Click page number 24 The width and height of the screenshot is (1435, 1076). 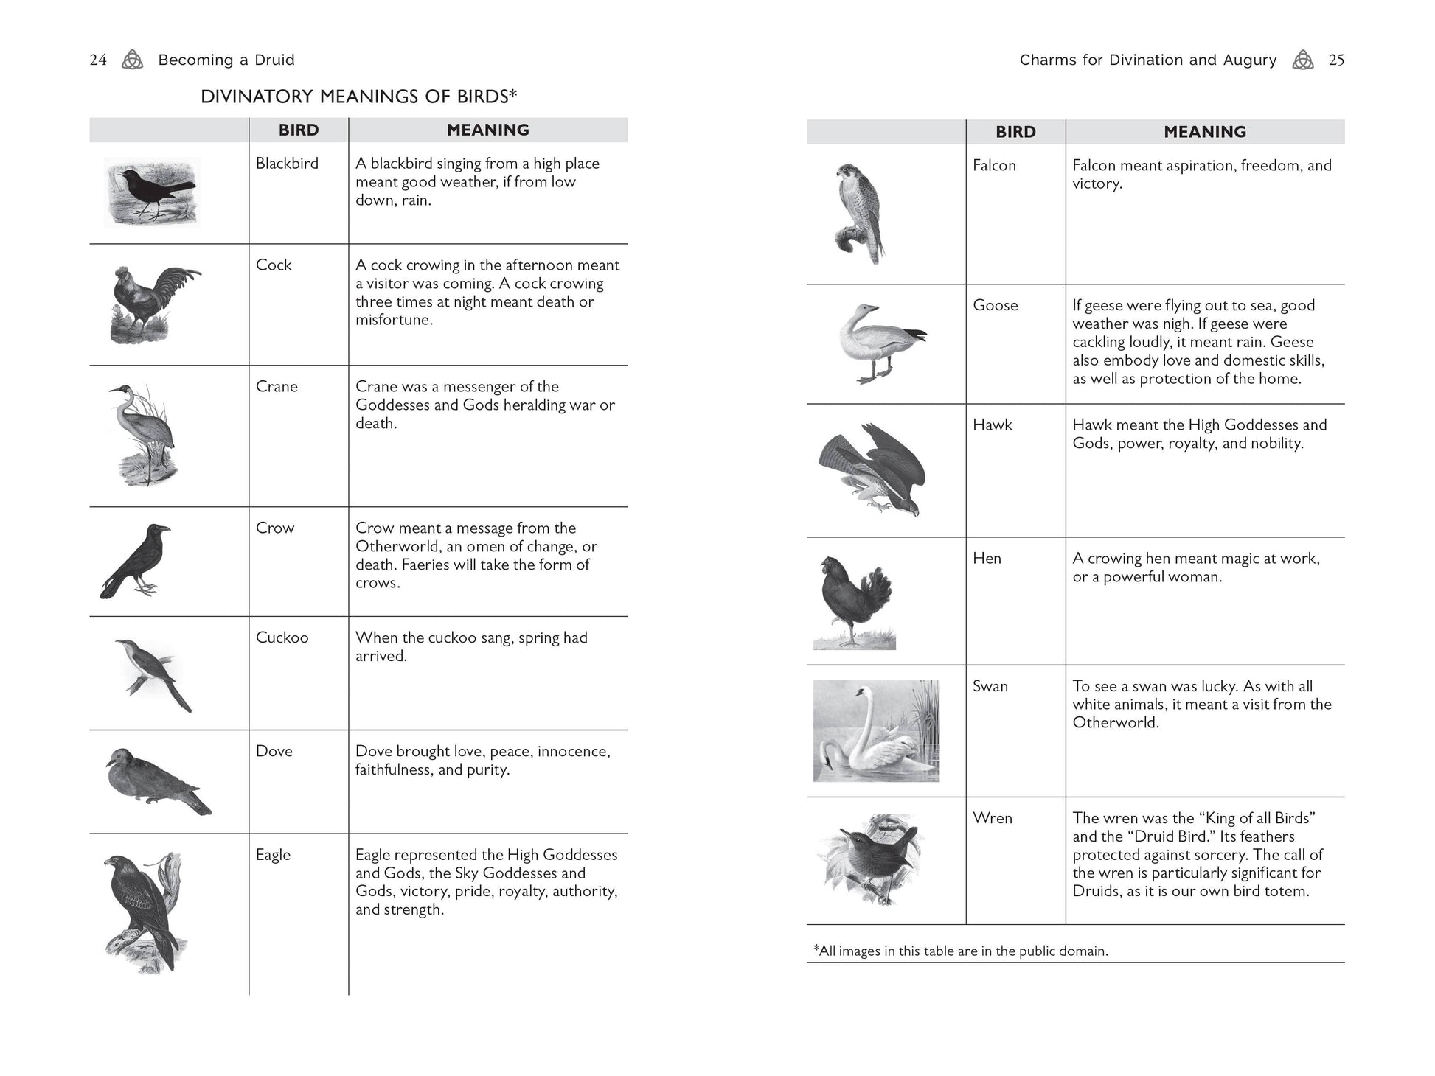point(98,60)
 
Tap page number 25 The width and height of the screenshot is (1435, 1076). point(1336,60)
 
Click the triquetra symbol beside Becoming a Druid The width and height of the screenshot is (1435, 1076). point(132,60)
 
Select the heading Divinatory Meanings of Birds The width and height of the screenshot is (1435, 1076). point(358,97)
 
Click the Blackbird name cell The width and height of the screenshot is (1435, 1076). point(287,164)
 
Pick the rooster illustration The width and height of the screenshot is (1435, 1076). point(154,304)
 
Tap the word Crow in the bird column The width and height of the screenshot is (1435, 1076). point(274,528)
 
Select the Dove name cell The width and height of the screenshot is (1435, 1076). point(274,752)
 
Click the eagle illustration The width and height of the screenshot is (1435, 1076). point(144,912)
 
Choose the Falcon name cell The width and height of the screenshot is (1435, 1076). point(993,166)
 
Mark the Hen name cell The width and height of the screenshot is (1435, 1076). point(986,559)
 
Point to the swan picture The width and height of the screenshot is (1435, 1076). point(876,730)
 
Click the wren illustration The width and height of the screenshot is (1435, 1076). point(871,858)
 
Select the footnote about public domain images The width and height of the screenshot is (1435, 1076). point(960,951)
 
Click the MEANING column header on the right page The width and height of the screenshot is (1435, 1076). point(1204,132)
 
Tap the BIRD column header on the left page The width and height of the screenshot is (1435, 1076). point(298,130)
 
